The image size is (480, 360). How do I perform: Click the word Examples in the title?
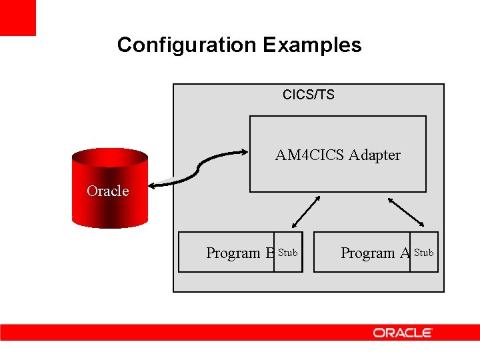pyautogui.click(x=312, y=45)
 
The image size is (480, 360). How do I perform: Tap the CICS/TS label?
pyautogui.click(x=308, y=95)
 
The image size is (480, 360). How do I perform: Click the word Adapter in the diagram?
pyautogui.click(x=375, y=155)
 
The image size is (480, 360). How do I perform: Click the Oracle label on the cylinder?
pyautogui.click(x=107, y=191)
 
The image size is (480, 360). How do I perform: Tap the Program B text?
pyautogui.click(x=240, y=253)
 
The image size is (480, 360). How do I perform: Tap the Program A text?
pyautogui.click(x=375, y=253)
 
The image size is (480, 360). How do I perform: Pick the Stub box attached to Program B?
pyautogui.click(x=288, y=253)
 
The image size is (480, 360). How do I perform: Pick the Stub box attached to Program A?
pyautogui.click(x=424, y=253)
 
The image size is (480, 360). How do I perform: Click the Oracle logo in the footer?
pyautogui.click(x=403, y=332)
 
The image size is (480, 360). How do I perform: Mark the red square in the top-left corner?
pyautogui.click(x=17, y=17)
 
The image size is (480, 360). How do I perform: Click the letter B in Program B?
pyautogui.click(x=270, y=253)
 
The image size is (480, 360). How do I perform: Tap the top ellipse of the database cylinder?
pyautogui.click(x=109, y=157)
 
